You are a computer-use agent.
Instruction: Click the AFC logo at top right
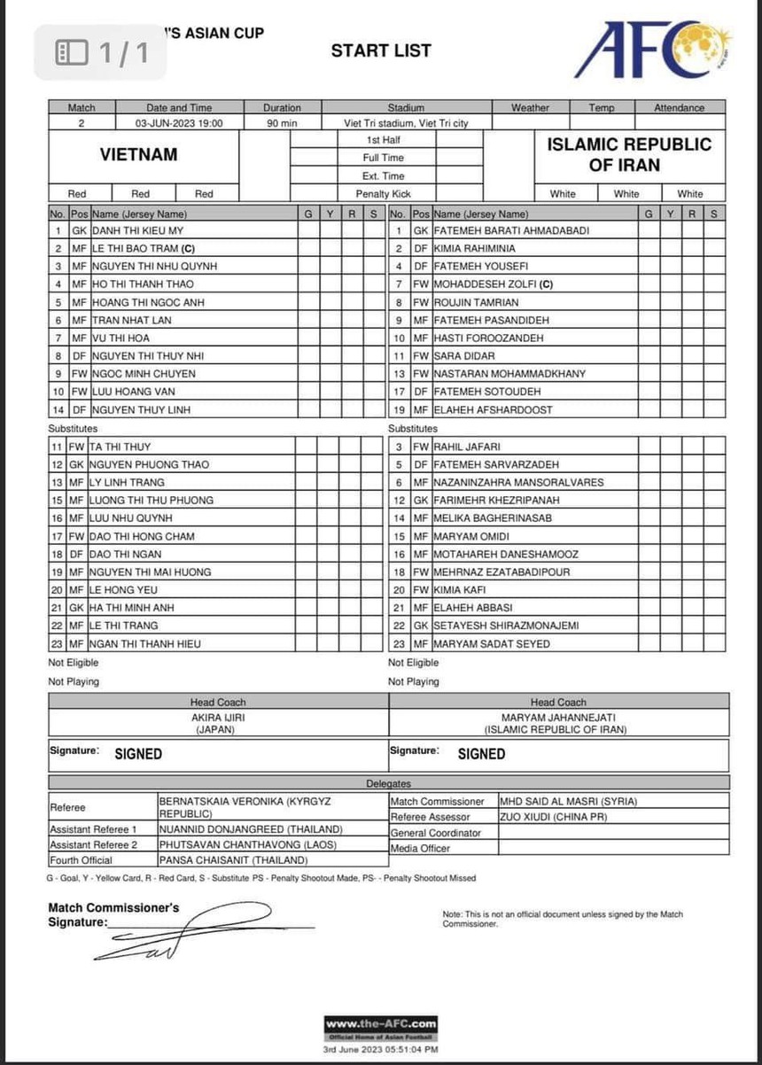652,50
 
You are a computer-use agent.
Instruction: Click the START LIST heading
381,51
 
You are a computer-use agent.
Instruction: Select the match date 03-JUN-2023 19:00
179,123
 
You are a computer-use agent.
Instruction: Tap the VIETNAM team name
138,154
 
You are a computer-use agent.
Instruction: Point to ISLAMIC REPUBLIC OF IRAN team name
629,154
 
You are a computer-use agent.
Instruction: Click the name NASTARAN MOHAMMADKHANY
509,373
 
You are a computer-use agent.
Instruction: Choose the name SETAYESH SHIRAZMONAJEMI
506,626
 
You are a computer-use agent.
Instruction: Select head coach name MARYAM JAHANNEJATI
555,717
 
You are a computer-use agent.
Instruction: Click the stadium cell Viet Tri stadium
406,123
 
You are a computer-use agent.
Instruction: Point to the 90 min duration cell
282,123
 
